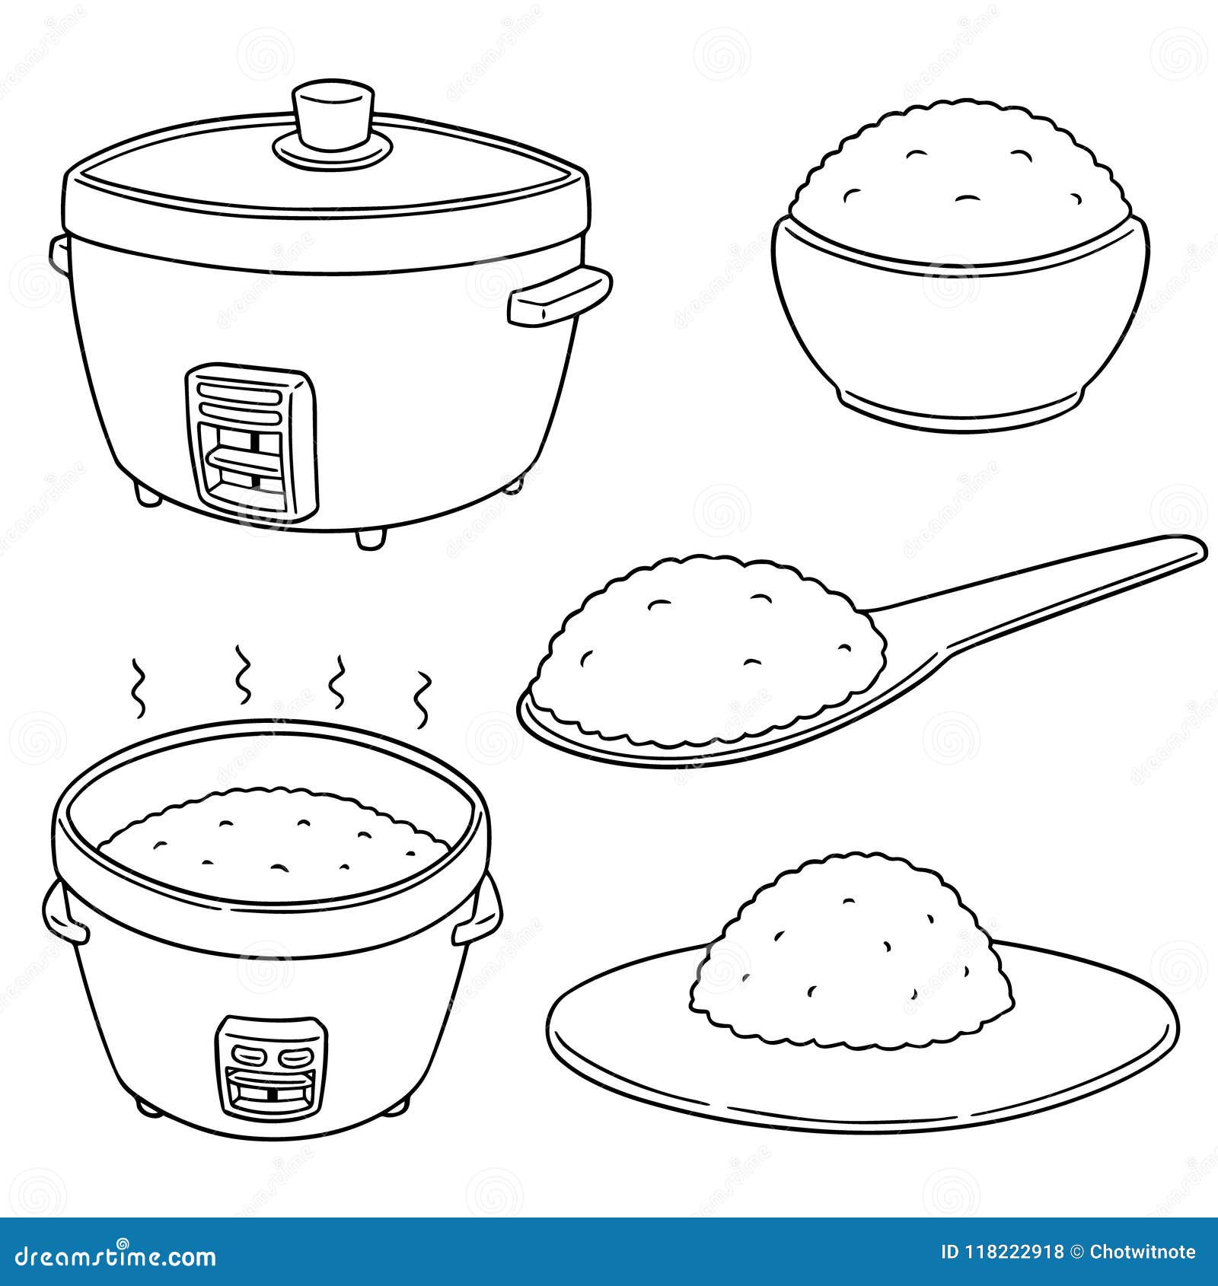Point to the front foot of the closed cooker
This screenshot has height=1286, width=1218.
click(x=370, y=536)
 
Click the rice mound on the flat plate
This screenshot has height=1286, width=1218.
click(x=853, y=951)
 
